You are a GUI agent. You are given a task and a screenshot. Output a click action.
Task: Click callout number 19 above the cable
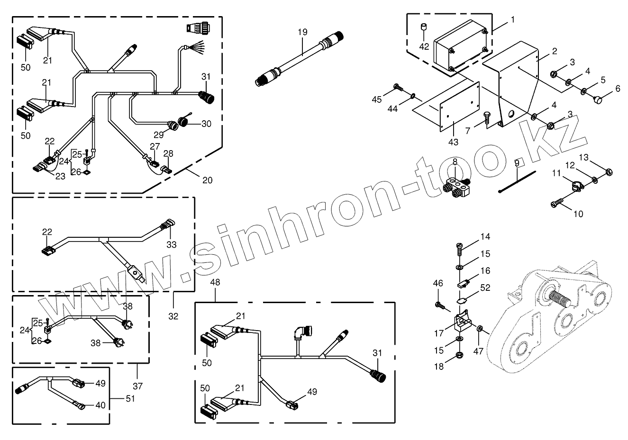click(302, 32)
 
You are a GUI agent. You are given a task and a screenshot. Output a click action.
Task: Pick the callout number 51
click(129, 398)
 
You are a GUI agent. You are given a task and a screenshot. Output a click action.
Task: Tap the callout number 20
click(207, 180)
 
